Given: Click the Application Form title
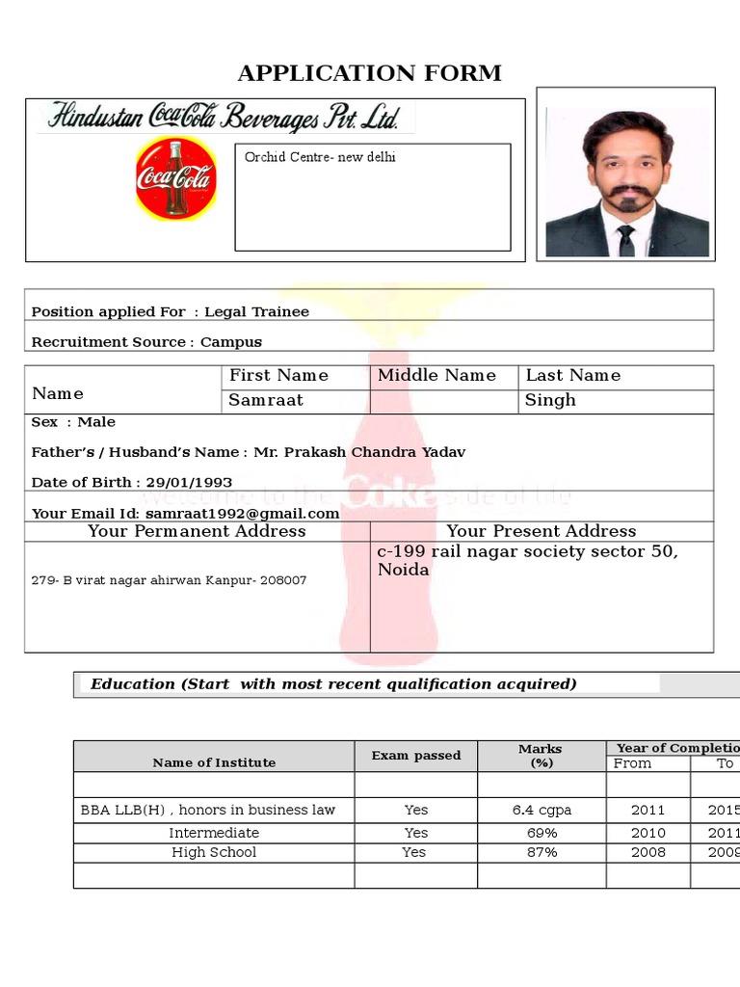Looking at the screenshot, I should point(370,73).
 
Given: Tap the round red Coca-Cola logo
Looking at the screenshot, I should point(175,178).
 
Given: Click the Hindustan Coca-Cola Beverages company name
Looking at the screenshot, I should point(224,118).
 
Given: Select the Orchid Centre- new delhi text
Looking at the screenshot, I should point(320,157).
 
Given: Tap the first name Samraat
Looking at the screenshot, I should point(266,400).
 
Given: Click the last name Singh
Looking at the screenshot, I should point(550,400).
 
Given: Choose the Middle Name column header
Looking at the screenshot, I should point(436,376).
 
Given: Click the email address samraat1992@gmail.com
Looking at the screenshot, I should point(243,514).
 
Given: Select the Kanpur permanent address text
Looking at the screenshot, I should point(170,580).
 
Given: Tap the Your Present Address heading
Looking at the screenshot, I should point(541,531).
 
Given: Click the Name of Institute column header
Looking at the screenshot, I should point(214,762).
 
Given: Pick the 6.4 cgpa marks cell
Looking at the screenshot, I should point(542,811).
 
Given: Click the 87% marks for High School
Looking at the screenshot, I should point(542,852).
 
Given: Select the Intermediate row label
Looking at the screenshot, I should point(214,833).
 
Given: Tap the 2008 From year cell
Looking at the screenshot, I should point(647,852).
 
